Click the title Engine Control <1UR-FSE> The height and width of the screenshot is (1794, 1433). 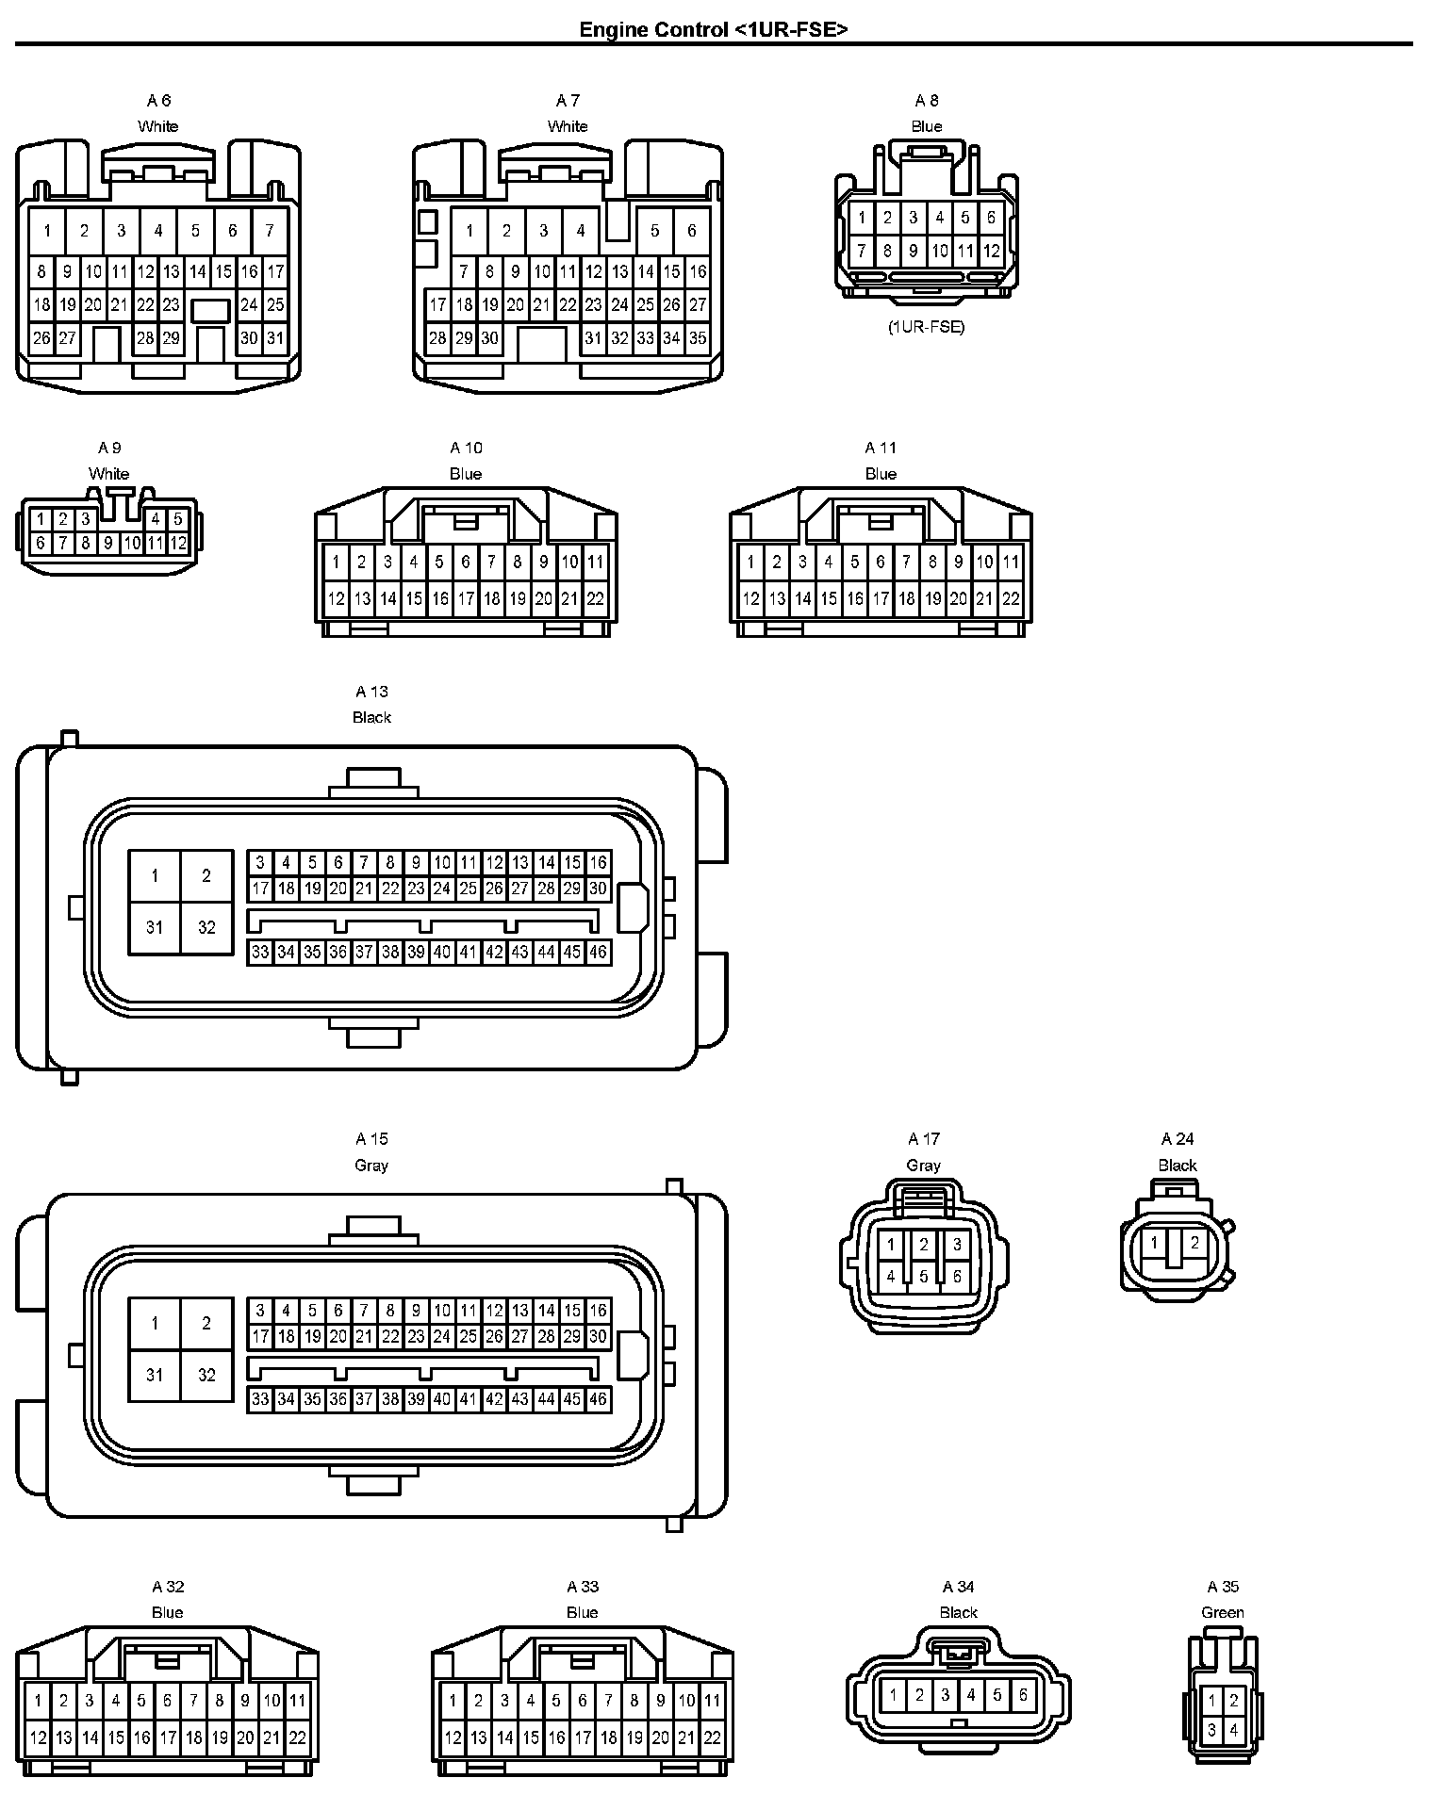[x=714, y=29]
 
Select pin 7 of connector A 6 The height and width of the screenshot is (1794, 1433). [x=270, y=231]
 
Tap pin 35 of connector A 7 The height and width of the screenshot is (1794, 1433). [x=698, y=338]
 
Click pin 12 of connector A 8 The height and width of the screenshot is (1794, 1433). [x=991, y=252]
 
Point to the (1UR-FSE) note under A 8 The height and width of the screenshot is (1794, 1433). [x=926, y=328]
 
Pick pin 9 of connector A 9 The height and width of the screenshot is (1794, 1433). [x=108, y=543]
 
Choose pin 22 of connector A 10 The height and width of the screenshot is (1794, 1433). [x=595, y=598]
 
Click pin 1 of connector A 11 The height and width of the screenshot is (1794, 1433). [x=750, y=563]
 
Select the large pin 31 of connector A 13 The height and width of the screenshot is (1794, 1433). [x=155, y=927]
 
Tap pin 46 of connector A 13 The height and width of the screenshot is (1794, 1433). [x=598, y=953]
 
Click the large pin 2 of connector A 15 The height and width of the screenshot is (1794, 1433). [x=206, y=1323]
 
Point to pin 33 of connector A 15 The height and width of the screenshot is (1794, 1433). [x=260, y=1400]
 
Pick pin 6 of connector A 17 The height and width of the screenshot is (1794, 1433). [x=957, y=1277]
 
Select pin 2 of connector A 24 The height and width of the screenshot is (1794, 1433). [x=1194, y=1243]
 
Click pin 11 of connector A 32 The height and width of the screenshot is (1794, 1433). [x=297, y=1701]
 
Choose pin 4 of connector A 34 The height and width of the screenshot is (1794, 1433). [x=971, y=1695]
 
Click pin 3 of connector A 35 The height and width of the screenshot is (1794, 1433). [x=1212, y=1730]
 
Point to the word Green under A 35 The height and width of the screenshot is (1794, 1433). [x=1223, y=1612]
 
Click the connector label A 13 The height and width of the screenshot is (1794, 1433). [x=371, y=692]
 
